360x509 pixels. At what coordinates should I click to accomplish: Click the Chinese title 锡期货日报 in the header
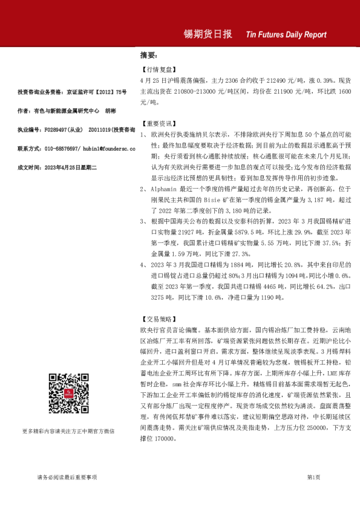tap(208, 34)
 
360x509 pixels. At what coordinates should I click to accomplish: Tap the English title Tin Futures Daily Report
tap(286, 35)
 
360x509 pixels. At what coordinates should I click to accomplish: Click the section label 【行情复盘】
tap(157, 70)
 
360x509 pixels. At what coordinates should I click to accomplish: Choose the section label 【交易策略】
tap(157, 318)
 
